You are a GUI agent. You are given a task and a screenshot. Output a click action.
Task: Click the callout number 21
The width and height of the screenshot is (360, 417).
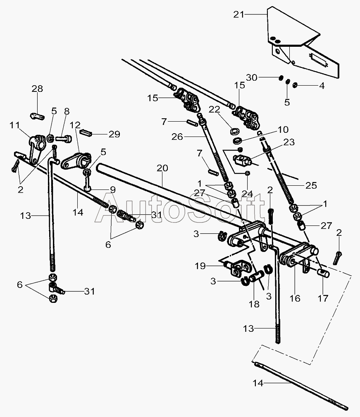pos(238,14)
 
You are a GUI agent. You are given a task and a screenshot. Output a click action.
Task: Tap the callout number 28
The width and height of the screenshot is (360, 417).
pos(37,89)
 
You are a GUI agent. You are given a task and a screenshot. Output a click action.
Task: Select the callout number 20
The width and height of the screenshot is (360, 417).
pos(162,168)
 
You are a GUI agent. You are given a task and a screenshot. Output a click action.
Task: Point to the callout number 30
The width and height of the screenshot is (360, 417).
pos(252,77)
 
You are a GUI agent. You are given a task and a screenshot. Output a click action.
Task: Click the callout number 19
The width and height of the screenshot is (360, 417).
pos(200,266)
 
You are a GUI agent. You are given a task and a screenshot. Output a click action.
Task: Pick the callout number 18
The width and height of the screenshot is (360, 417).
pos(254,304)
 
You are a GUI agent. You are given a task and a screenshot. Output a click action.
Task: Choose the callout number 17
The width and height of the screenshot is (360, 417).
pos(323,298)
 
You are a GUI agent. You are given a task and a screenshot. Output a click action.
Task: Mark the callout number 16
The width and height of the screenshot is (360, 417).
pos(295,298)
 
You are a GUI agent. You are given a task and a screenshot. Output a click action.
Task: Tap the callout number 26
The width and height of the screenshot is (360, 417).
pos(177,137)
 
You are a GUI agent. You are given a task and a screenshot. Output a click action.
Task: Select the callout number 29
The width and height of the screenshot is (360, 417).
pos(114,134)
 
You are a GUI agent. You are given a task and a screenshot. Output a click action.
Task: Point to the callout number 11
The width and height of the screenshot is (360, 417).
pos(15,125)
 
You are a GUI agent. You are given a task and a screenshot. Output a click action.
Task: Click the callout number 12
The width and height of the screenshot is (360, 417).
pos(75,125)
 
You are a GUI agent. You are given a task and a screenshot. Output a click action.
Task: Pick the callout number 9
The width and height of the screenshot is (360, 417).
pos(113,189)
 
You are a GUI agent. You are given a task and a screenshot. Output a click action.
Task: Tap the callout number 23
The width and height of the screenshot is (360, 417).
pos(289,142)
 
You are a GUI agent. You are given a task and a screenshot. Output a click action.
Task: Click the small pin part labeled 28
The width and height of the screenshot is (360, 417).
pos(37,116)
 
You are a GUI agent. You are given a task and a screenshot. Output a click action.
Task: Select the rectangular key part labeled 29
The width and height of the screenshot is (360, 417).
pos(85,132)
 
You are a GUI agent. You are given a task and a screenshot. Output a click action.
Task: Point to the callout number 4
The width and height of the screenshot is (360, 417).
pos(322,86)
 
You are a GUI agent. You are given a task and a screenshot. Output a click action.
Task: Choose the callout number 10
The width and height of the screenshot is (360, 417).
pos(283,129)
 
